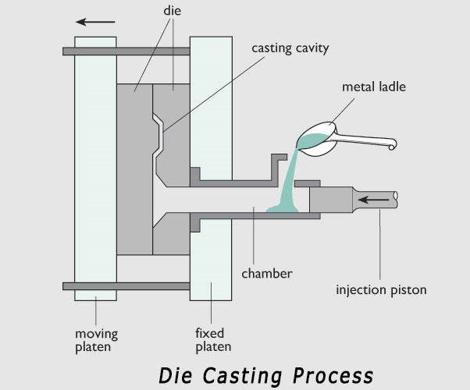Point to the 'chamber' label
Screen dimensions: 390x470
(266, 274)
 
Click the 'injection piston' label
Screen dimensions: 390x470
(381, 291)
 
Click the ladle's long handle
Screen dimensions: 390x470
(367, 142)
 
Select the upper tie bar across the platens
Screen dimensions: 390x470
(125, 51)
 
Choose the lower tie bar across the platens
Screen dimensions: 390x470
(125, 286)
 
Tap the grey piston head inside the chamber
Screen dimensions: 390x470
(329, 200)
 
